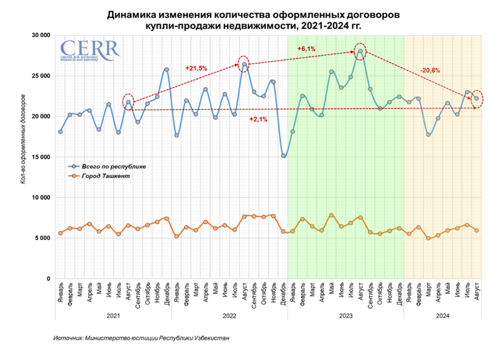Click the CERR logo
click(x=89, y=50)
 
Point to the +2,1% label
click(x=258, y=119)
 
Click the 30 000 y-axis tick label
click(x=40, y=35)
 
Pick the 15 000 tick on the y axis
click(x=40, y=157)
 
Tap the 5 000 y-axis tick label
click(x=42, y=238)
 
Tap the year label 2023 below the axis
click(x=345, y=316)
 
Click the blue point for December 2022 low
click(x=283, y=156)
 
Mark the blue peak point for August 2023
click(x=360, y=51)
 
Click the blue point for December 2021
click(x=167, y=69)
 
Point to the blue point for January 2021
click(x=60, y=131)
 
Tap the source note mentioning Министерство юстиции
click(x=141, y=338)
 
